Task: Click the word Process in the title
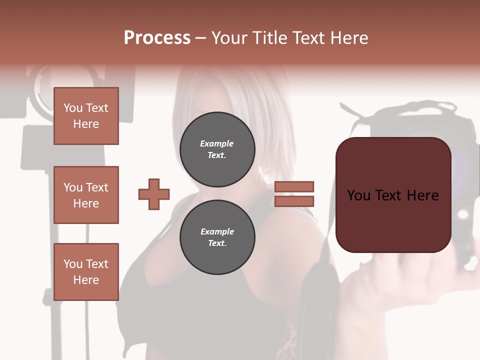[157, 38]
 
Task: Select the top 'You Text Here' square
[86, 116]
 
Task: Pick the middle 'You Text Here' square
[86, 195]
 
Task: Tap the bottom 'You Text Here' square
[86, 272]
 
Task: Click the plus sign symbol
[154, 194]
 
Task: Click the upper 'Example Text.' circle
[217, 149]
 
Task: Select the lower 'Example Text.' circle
[217, 237]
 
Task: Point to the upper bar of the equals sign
[294, 186]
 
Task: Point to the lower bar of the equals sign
[294, 201]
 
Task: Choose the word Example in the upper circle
[217, 143]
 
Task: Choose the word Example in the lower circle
[217, 231]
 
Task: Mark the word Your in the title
[229, 38]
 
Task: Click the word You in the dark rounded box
[359, 195]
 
